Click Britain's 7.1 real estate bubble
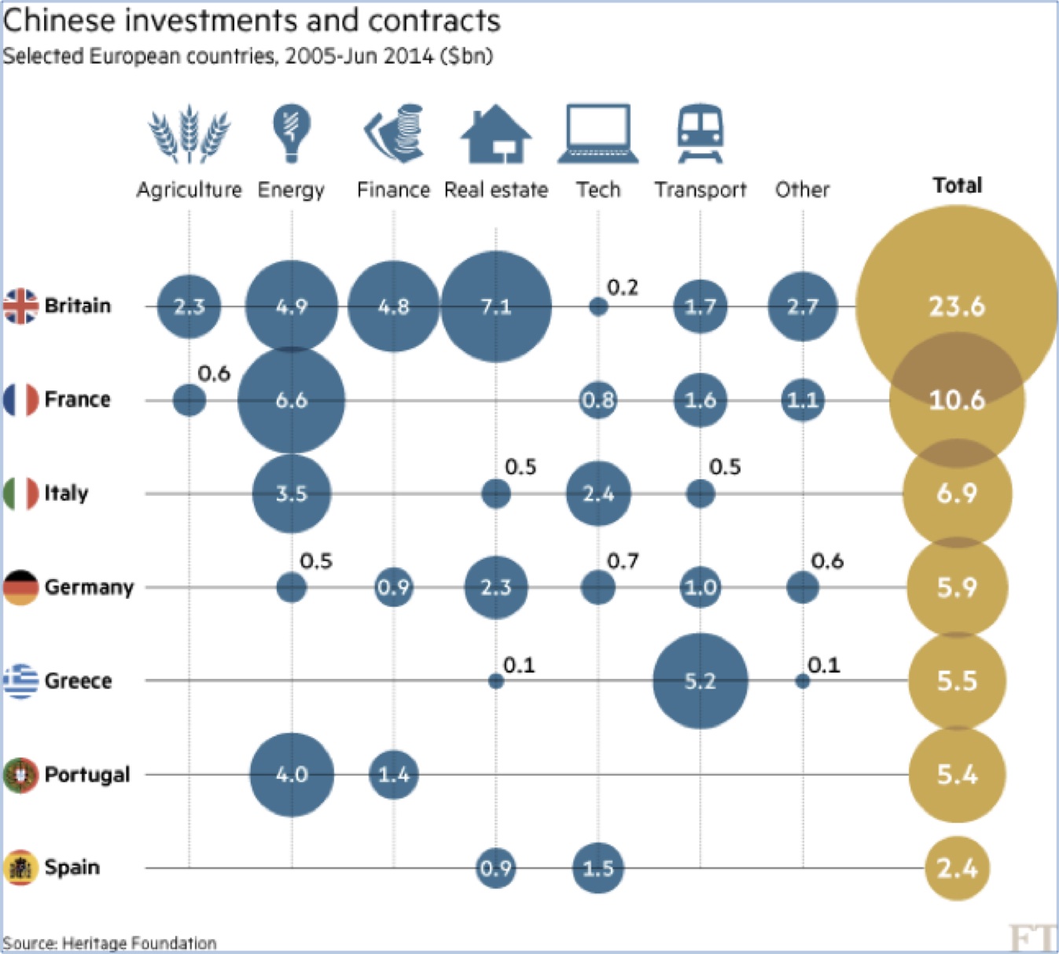pyautogui.click(x=496, y=306)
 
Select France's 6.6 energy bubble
pyautogui.click(x=292, y=400)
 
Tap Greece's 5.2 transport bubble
pyautogui.click(x=700, y=681)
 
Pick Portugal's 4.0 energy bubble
pyautogui.click(x=292, y=775)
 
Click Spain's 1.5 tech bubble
pyautogui.click(x=598, y=868)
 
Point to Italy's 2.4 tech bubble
pyautogui.click(x=598, y=494)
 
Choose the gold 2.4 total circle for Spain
pyautogui.click(x=957, y=868)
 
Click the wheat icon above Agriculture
pyautogui.click(x=189, y=134)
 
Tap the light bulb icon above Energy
pyautogui.click(x=292, y=133)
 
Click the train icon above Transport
pyautogui.click(x=700, y=133)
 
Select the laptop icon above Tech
pyautogui.click(x=598, y=134)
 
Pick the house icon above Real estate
pyautogui.click(x=496, y=134)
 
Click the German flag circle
pyautogui.click(x=21, y=587)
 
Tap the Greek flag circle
pyautogui.click(x=21, y=681)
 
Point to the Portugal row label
pyautogui.click(x=86, y=775)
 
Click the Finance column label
pyautogui.click(x=393, y=190)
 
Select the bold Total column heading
pyautogui.click(x=957, y=185)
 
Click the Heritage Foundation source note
pyautogui.click(x=109, y=942)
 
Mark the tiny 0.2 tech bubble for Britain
pyautogui.click(x=598, y=306)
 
